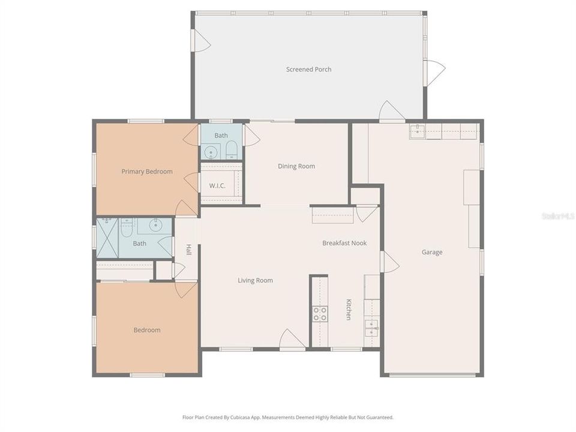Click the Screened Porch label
click(308, 70)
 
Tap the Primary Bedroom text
click(147, 172)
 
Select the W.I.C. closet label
click(217, 185)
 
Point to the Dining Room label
click(296, 166)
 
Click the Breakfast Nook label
click(344, 243)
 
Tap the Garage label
click(432, 252)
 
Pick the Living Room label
click(255, 280)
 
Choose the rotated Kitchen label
click(348, 310)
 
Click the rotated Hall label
click(188, 250)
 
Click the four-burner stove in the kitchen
click(320, 314)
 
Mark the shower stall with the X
click(107, 238)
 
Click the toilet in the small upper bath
click(232, 150)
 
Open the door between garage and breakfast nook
click(388, 262)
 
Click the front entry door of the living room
click(292, 340)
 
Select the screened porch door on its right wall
click(434, 72)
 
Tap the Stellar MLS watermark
click(557, 215)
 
